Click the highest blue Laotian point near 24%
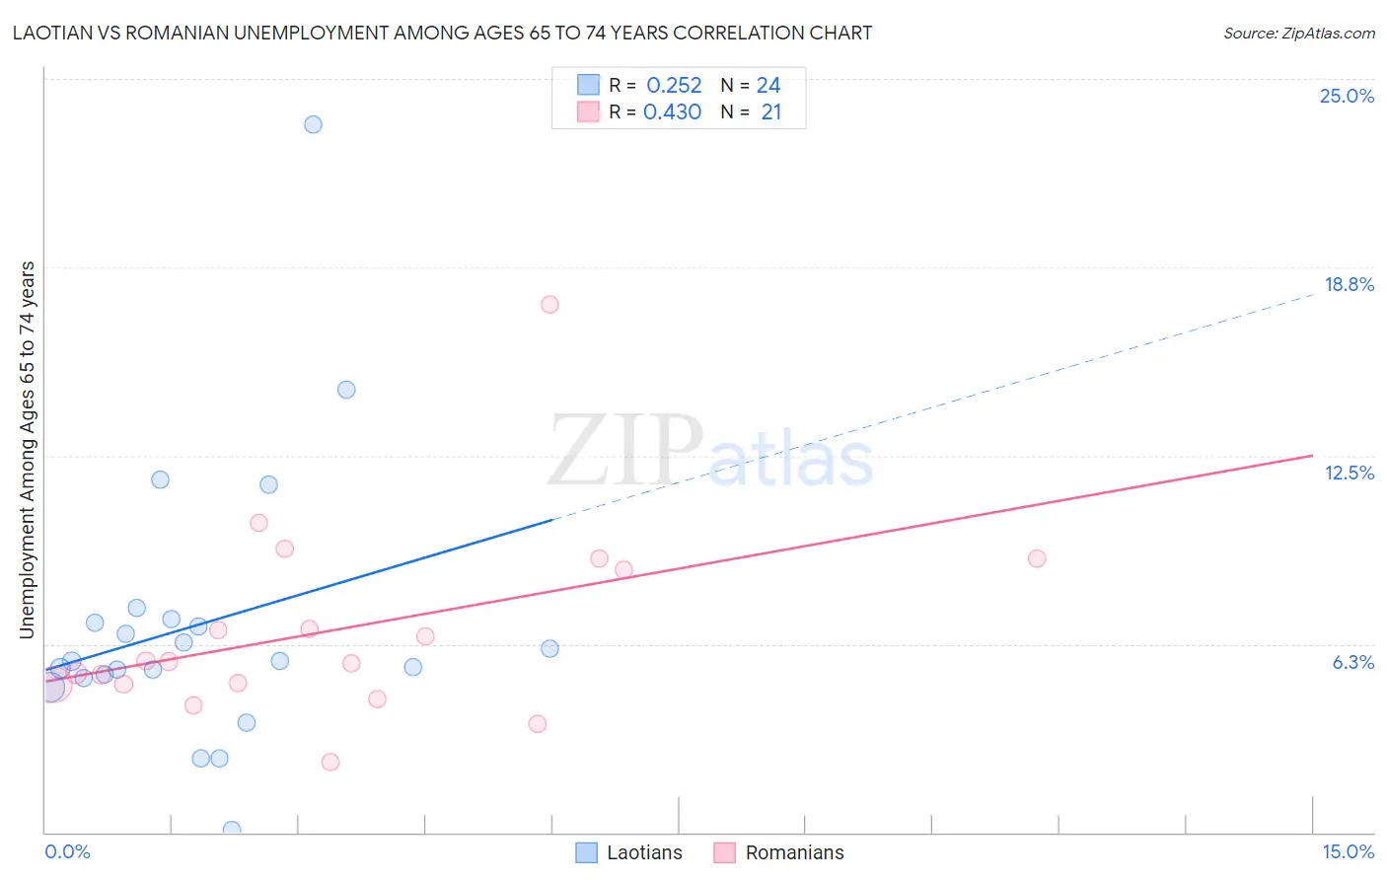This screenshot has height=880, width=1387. coord(313,124)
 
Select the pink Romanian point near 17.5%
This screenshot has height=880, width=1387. coord(549,305)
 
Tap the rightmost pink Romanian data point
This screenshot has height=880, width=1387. coord(1036,558)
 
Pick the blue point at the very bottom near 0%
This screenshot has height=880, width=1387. coord(232,830)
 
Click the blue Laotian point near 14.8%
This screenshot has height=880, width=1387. coord(346,390)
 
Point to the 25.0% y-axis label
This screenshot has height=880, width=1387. coord(1347,96)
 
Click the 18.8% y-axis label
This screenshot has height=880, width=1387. coord(1349,284)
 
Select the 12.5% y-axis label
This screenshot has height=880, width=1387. coord(1349,473)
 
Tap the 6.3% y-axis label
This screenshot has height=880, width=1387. coord(1352,662)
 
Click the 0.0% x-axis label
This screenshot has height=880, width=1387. coord(67,851)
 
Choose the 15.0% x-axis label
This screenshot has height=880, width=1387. coord(1348,851)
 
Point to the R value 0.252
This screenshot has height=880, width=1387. coord(674,86)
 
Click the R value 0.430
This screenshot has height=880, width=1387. coord(672,112)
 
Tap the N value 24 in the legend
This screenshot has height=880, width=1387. coord(768,86)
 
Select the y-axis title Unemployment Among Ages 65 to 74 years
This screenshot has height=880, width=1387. coord(28,450)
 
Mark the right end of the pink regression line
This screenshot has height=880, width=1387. coord(1312,455)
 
